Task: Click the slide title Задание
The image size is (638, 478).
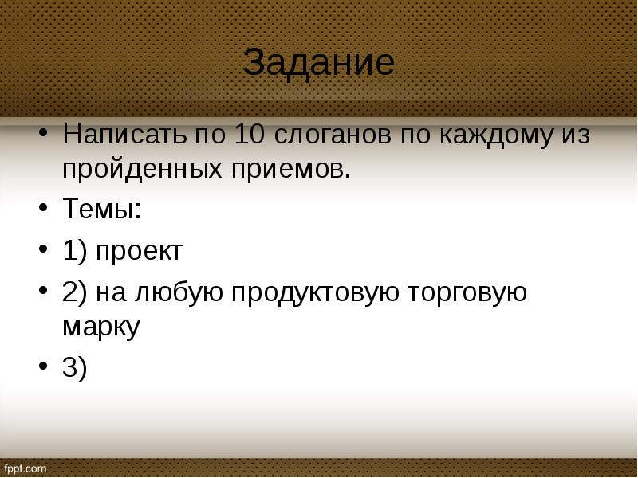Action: click(318, 62)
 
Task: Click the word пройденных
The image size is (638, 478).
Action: click(156, 170)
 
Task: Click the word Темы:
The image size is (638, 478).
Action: click(102, 210)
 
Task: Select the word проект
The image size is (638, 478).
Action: click(140, 252)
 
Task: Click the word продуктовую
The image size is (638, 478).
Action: click(315, 292)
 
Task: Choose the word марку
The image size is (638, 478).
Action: click(100, 327)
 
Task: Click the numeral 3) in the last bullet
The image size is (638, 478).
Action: click(74, 367)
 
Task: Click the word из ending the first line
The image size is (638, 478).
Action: click(574, 135)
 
